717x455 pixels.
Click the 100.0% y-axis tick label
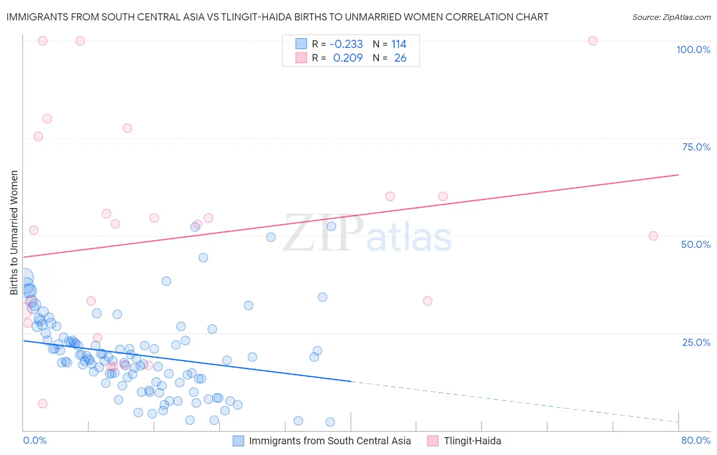(x=693, y=49)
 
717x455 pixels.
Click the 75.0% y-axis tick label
(x=696, y=147)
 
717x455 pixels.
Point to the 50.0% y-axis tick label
(x=696, y=244)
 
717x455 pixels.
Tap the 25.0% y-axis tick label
(x=696, y=342)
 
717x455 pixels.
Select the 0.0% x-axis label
(x=35, y=440)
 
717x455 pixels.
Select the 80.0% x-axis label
(x=696, y=440)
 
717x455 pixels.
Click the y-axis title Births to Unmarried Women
(x=14, y=233)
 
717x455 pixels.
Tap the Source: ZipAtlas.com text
(x=671, y=17)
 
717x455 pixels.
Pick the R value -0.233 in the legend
(x=346, y=44)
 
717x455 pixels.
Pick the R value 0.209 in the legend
(x=348, y=58)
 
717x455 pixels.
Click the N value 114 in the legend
(x=399, y=44)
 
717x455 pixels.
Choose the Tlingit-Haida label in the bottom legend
(x=472, y=441)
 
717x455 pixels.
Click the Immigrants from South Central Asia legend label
(x=329, y=441)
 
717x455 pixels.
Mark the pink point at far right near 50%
(x=653, y=236)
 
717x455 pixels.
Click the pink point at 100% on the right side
(x=593, y=41)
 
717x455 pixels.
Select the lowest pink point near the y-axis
(x=43, y=403)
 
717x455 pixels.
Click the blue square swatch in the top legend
(x=301, y=44)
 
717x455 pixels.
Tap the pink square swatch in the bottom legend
(x=432, y=441)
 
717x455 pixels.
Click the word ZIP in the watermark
(x=323, y=234)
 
